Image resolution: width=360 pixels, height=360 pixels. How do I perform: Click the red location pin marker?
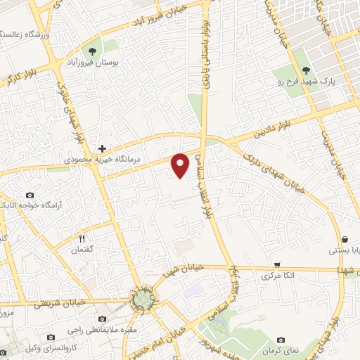tap(181, 165)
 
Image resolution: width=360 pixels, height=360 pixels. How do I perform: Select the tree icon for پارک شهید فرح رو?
tap(306, 70)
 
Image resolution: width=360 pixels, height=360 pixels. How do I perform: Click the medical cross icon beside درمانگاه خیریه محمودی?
tap(103, 148)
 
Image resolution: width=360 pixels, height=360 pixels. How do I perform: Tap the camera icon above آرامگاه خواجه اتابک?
tap(30, 195)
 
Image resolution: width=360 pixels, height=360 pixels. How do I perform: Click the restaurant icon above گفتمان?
tap(82, 238)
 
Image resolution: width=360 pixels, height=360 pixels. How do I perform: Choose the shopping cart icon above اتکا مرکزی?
tap(277, 265)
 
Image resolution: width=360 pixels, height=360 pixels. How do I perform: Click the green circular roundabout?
tap(143, 301)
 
